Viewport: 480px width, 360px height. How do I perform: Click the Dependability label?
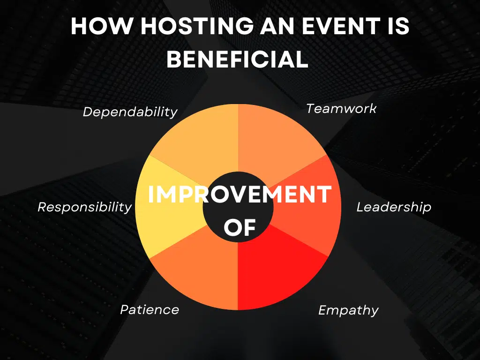130,112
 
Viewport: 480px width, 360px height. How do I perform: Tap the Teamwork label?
341,109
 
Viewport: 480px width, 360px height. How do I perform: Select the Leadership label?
394,207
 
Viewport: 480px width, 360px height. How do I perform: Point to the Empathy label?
348,310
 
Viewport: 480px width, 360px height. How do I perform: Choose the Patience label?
150,310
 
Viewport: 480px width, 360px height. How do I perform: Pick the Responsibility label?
85,207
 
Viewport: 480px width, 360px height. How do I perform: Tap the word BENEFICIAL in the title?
238,60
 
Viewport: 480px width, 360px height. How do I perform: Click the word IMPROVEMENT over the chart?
240,195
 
